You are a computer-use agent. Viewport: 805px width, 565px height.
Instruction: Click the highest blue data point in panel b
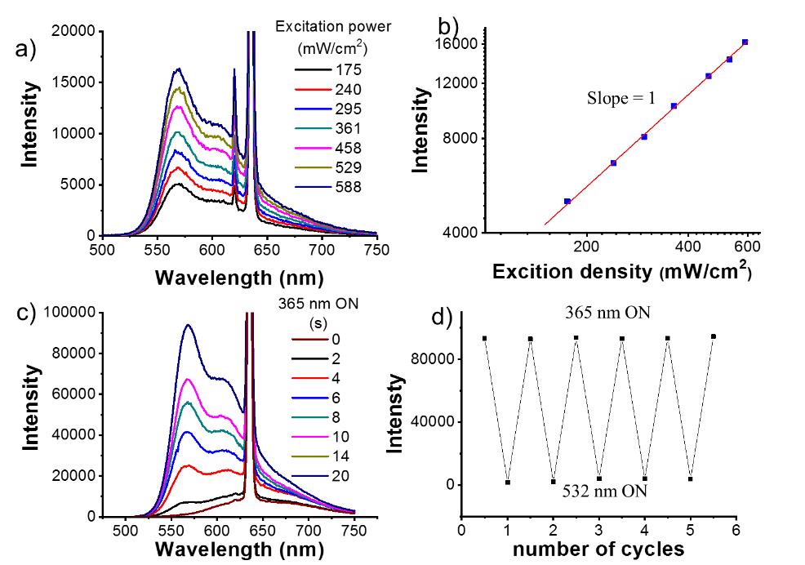click(x=745, y=42)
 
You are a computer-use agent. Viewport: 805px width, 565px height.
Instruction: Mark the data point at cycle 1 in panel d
click(x=508, y=483)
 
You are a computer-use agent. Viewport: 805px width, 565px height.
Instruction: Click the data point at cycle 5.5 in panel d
click(x=714, y=336)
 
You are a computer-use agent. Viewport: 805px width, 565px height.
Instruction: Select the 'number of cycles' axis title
click(x=598, y=549)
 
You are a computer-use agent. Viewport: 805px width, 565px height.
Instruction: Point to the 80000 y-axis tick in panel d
click(x=434, y=359)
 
